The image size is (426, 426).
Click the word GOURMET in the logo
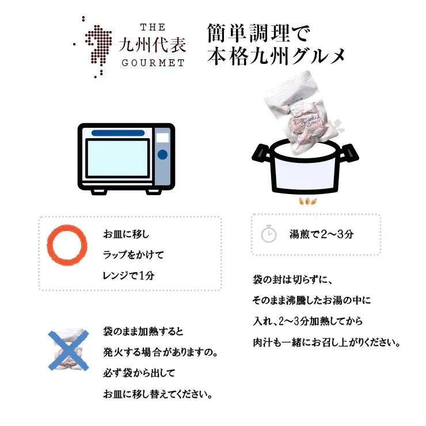point(153,63)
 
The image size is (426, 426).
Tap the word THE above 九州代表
point(153,27)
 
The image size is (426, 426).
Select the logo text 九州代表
point(153,45)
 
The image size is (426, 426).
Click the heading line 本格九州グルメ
point(276,56)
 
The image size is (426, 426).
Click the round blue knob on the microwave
point(162,154)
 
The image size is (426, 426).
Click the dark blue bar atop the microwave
point(118,133)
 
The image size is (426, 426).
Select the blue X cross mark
point(68,350)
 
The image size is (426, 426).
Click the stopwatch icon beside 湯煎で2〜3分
point(269,234)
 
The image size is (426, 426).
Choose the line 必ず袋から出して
point(139,373)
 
